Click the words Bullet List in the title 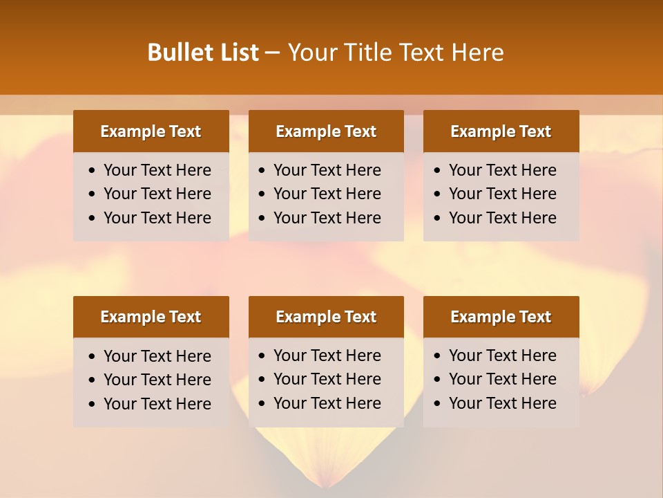tap(202, 53)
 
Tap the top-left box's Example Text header tap(151, 131)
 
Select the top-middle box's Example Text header tap(326, 131)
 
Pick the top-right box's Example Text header tap(501, 131)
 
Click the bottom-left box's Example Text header tap(151, 317)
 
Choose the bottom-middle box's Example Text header tap(326, 317)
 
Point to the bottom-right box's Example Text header tap(501, 317)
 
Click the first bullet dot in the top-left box tap(93, 171)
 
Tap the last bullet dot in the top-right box tap(438, 219)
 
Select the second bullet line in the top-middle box tap(327, 194)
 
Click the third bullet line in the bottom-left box tap(157, 404)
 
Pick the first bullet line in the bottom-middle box tap(327, 356)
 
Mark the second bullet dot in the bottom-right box tap(438, 380)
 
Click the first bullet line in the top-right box tap(502, 170)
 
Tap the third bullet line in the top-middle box tap(327, 218)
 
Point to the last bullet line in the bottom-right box tap(502, 403)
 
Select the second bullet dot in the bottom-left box tap(93, 380)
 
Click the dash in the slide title tap(273, 53)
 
